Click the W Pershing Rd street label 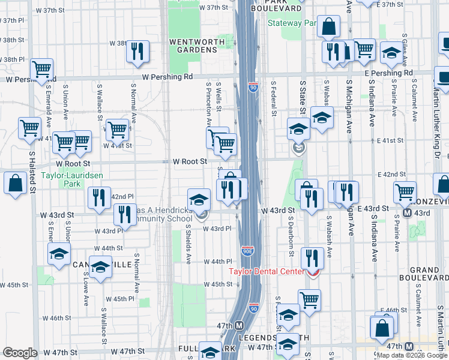(x=167, y=77)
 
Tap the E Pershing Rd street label (x=388, y=73)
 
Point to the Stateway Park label (x=292, y=23)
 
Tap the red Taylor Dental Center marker (x=312, y=272)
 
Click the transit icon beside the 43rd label (x=408, y=213)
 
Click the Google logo (x=20, y=353)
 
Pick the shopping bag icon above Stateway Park (x=329, y=26)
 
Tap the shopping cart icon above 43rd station (x=405, y=192)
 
